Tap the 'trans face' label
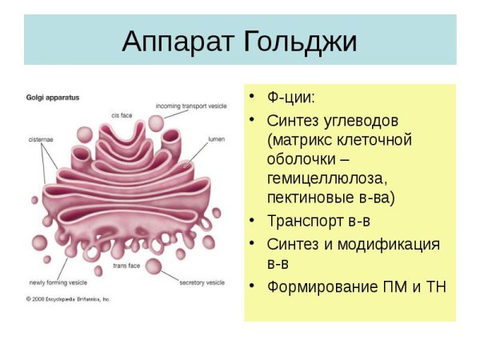coord(126,265)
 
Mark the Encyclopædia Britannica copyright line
coord(67,298)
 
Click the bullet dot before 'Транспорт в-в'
coord(253,220)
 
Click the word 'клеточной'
coord(374,140)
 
